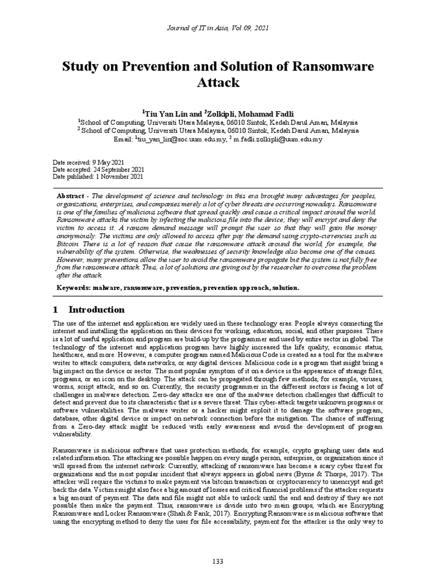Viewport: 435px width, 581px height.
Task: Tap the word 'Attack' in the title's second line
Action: pyautogui.click(x=218, y=83)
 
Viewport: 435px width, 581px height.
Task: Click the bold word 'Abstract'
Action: pyautogui.click(x=70, y=195)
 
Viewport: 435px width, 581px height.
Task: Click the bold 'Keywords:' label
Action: pyautogui.click(x=74, y=288)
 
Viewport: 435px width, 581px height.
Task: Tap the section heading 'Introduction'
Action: pyautogui.click(x=96, y=310)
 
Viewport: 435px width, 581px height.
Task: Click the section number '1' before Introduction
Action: pyautogui.click(x=55, y=310)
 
